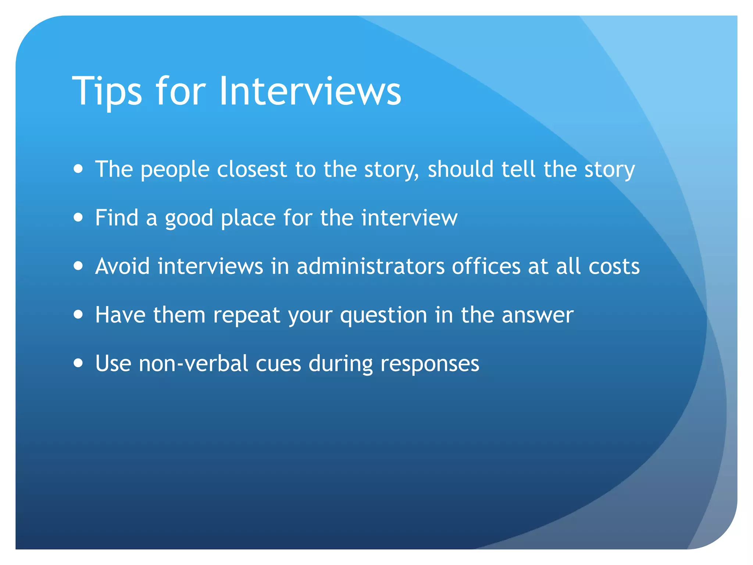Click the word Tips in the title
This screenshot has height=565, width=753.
click(107, 91)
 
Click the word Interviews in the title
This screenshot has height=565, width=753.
click(310, 91)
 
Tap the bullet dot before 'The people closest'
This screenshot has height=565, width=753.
click(78, 169)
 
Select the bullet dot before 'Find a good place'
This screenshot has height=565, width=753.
click(78, 217)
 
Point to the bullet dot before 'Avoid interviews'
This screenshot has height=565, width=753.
click(78, 266)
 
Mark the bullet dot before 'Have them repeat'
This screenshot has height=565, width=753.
click(78, 315)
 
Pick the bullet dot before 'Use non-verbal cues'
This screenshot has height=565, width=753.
click(78, 363)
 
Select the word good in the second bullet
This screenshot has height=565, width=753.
click(189, 218)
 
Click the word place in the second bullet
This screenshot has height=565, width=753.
click(248, 218)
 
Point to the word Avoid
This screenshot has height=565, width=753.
click(122, 266)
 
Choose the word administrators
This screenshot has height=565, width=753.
click(371, 266)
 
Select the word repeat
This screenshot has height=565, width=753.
click(247, 316)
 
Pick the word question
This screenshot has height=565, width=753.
click(383, 316)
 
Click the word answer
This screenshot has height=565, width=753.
click(538, 316)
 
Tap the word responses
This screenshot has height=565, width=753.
click(430, 364)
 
